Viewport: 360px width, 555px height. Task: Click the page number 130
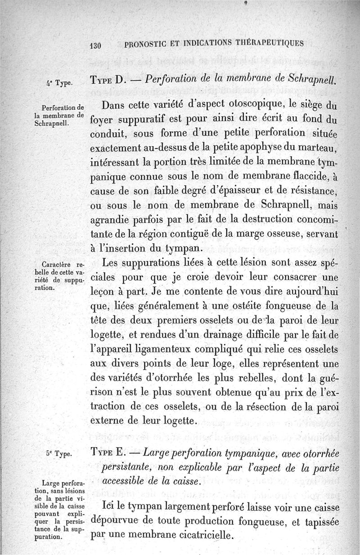96,45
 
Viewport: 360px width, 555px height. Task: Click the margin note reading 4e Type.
56,83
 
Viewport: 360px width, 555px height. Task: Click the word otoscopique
243,107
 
